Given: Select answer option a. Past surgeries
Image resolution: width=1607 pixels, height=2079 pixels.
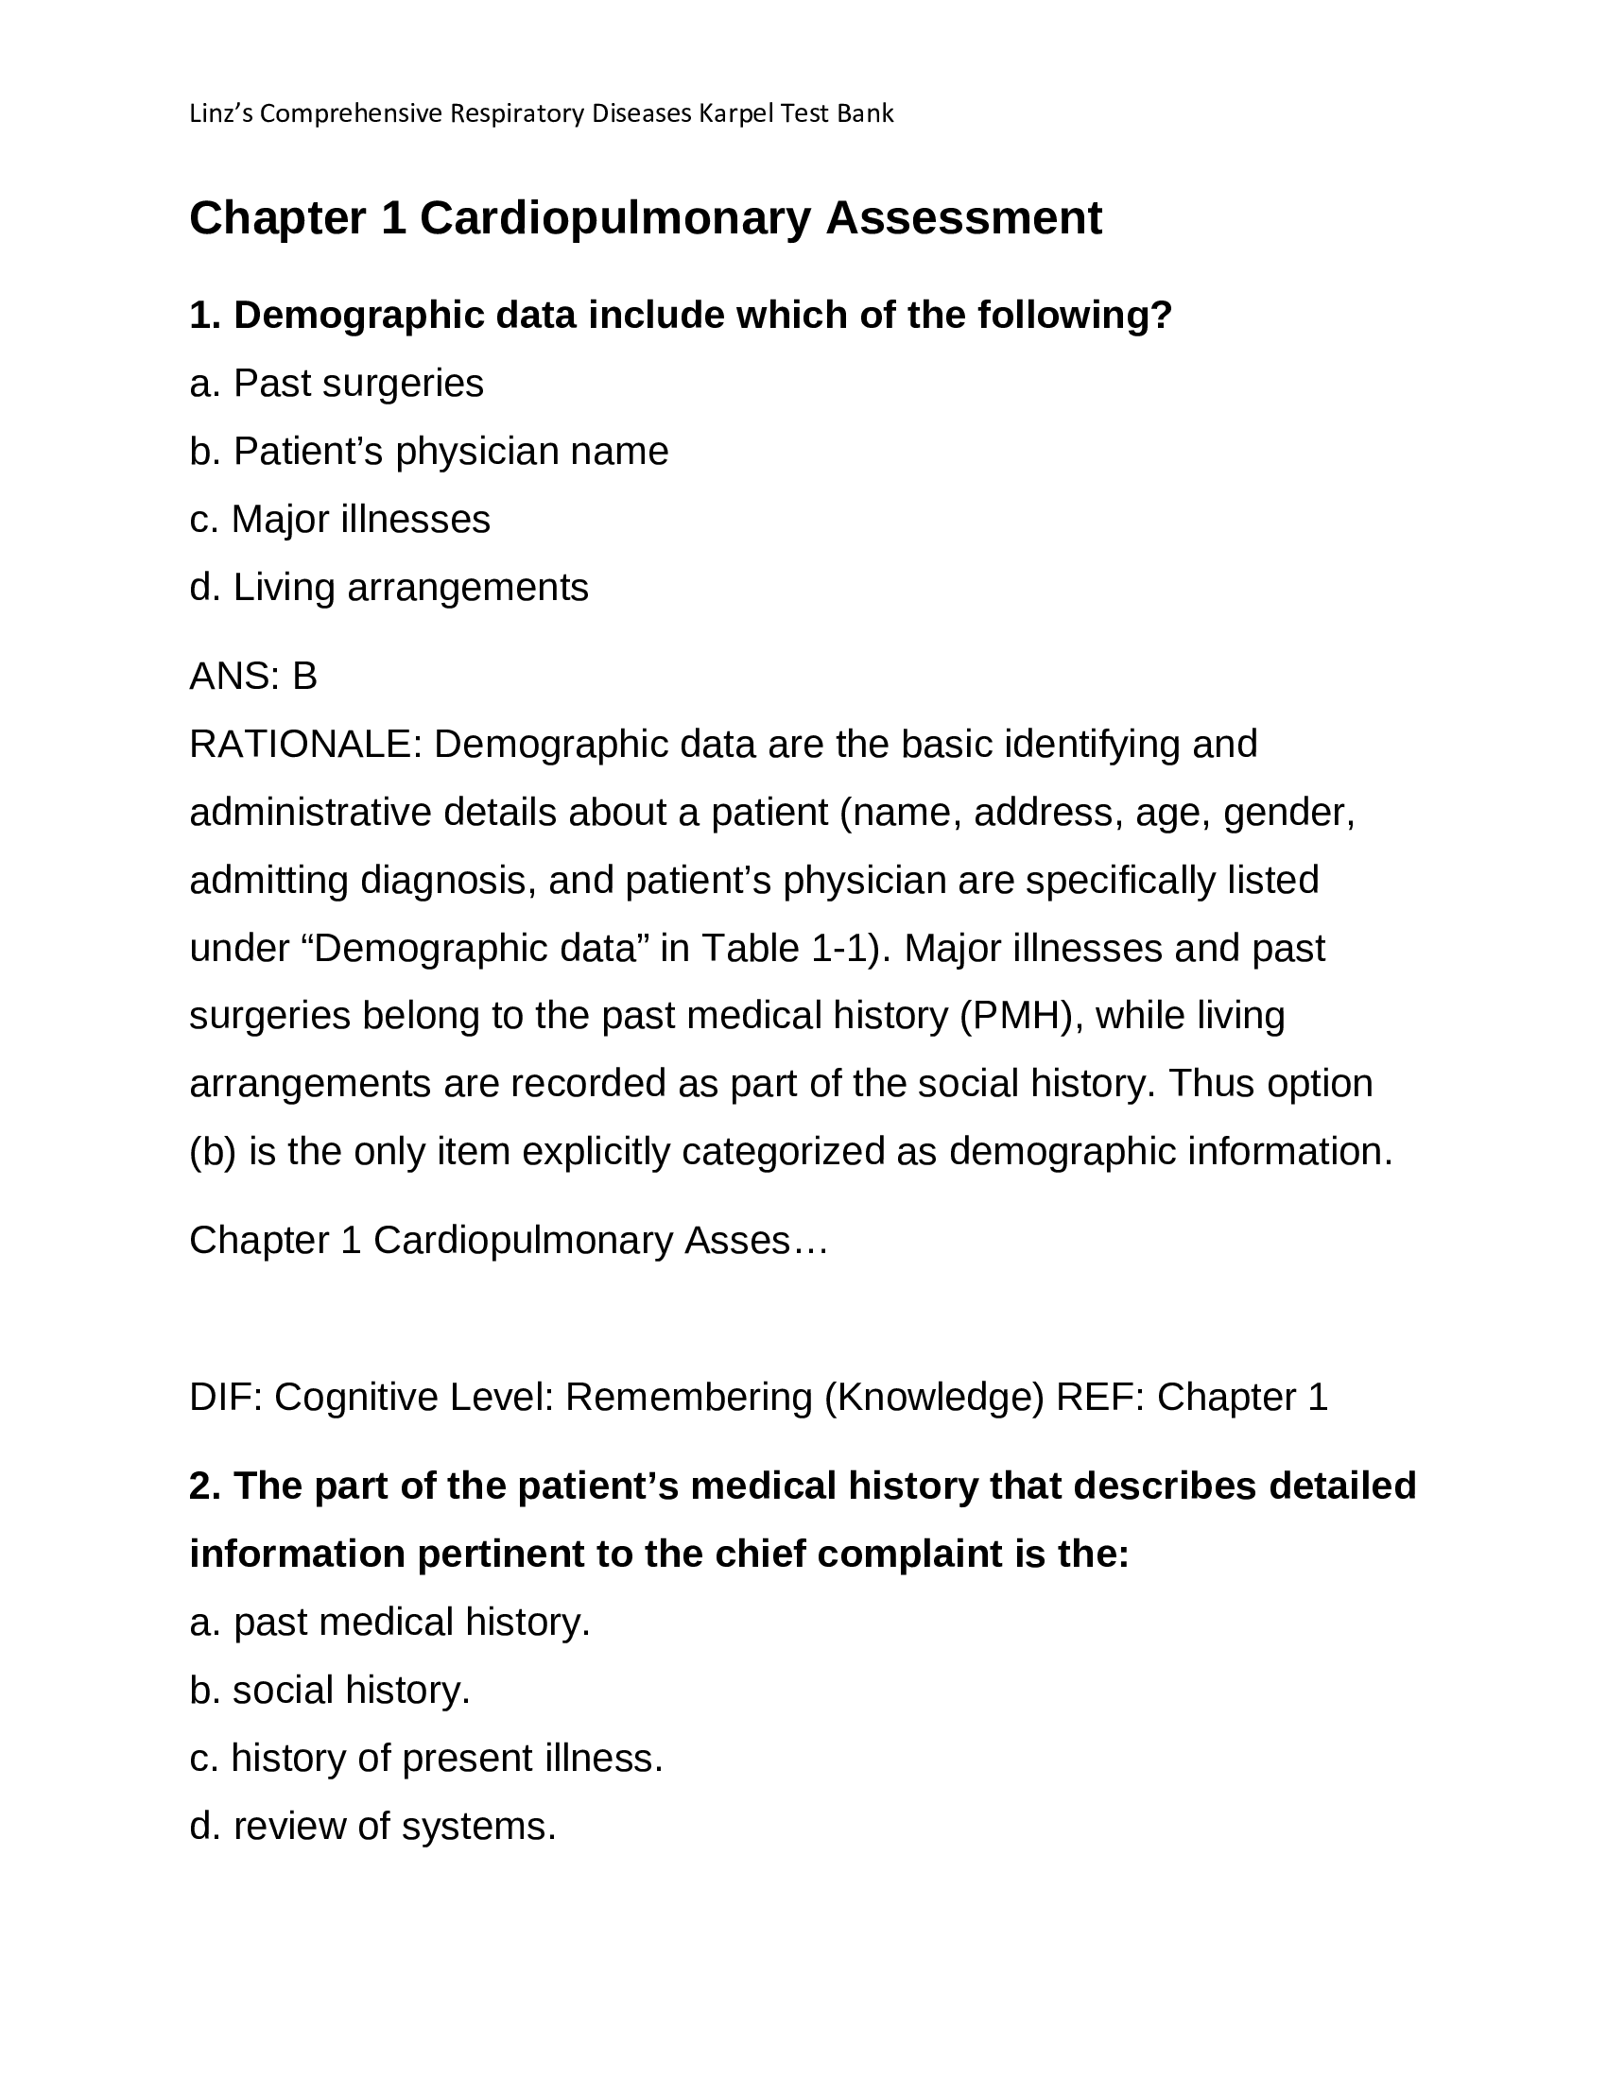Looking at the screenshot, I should [x=337, y=384].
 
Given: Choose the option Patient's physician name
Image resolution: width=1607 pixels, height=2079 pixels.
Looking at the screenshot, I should [x=428, y=451].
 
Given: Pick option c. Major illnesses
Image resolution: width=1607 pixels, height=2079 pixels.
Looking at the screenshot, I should [x=340, y=520].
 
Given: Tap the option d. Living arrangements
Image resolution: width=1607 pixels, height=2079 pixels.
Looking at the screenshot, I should [x=389, y=588].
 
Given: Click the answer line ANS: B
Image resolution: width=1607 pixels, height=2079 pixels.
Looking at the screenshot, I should [x=253, y=677].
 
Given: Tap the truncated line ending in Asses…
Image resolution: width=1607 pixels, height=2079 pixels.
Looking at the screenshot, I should [x=509, y=1241].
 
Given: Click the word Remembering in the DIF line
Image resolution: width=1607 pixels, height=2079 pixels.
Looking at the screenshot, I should [x=688, y=1398].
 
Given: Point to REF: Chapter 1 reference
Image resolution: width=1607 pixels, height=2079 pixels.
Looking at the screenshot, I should [x=1191, y=1398].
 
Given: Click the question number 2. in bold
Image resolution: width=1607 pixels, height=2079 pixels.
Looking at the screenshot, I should [x=206, y=1486].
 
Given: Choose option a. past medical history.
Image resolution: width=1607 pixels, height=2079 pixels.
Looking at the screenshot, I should [x=389, y=1622].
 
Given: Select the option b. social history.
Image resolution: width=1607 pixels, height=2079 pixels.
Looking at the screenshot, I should [x=329, y=1691].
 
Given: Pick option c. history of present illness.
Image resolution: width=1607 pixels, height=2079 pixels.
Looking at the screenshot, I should [x=425, y=1759].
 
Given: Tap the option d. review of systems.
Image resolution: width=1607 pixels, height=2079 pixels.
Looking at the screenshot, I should [x=372, y=1827].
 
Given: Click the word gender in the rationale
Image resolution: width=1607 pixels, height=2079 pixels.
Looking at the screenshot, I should [x=1287, y=813].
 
